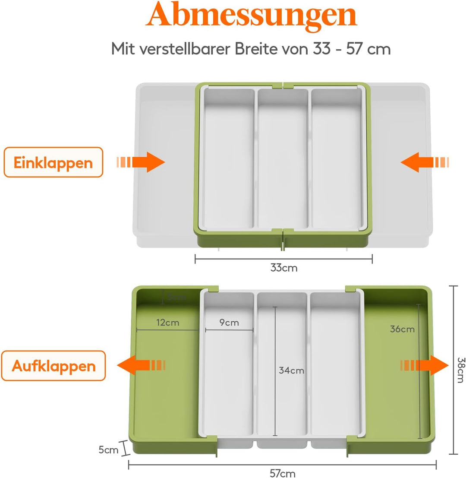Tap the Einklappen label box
54,162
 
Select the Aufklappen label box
54,366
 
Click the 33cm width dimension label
283,268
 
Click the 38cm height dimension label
461,370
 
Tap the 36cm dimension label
402,329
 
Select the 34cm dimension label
291,370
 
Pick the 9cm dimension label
229,323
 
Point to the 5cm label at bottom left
107,450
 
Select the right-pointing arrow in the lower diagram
425,365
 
